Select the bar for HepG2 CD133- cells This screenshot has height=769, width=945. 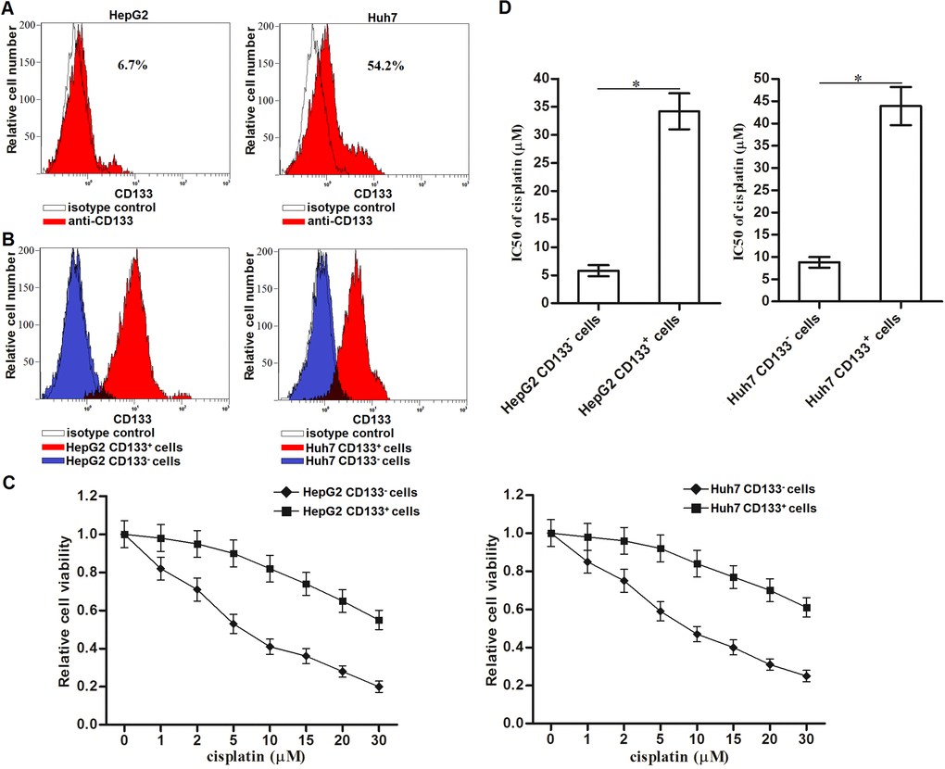(x=598, y=285)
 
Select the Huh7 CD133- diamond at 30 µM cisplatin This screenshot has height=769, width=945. (x=806, y=676)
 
